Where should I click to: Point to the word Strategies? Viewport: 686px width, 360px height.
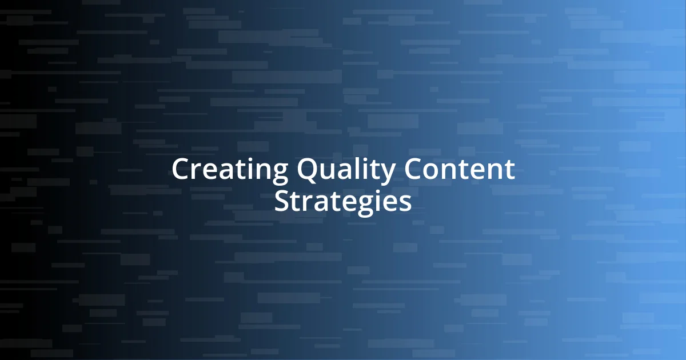(342, 201)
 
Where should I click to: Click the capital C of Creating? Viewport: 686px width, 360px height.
(181, 170)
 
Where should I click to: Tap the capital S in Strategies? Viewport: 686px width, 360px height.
(282, 201)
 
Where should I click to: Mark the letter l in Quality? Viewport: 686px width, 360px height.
(358, 169)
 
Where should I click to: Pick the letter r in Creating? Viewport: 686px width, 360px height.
(197, 171)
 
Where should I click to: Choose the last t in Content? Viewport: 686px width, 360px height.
(509, 170)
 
